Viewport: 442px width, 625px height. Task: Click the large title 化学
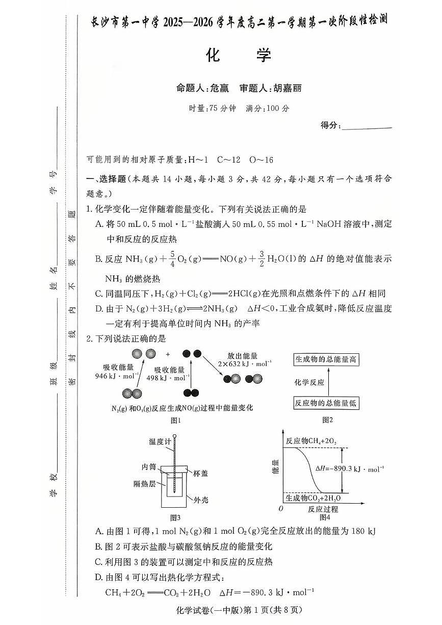pos(239,55)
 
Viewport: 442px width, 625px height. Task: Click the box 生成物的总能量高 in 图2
pos(326,359)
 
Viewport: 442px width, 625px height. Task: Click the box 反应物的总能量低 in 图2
pos(326,403)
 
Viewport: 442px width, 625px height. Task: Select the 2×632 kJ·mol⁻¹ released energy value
pos(243,364)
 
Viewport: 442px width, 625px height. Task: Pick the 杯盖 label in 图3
pos(200,473)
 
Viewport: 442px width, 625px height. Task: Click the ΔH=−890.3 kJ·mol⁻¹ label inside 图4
pos(350,468)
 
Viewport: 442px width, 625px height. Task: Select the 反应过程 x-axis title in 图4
pos(323,509)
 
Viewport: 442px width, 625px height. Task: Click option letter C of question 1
pos(98,293)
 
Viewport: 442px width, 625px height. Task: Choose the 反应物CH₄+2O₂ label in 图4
pos(311,440)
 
